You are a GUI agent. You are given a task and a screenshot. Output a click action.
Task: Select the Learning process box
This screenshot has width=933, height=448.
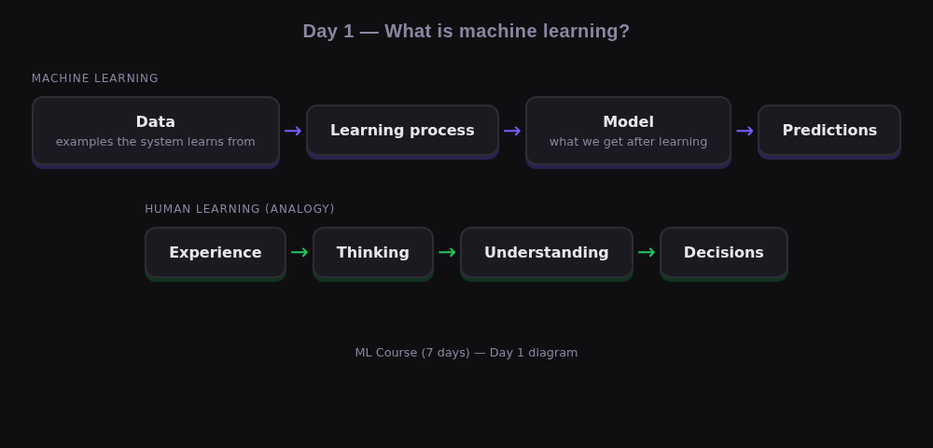[402, 130]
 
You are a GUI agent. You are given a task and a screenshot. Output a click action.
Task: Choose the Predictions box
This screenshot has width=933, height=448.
[829, 130]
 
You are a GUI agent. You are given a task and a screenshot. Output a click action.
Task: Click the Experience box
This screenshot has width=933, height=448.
[215, 252]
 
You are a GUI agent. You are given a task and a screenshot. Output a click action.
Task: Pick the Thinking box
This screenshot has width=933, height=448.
[372, 252]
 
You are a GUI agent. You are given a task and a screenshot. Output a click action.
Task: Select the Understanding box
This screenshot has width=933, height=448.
[546, 252]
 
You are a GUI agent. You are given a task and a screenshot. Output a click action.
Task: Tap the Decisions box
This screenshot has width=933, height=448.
[723, 252]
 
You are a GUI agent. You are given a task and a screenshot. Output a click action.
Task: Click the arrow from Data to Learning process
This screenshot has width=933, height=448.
[293, 131]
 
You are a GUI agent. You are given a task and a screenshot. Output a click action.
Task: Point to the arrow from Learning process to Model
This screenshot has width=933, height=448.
[512, 131]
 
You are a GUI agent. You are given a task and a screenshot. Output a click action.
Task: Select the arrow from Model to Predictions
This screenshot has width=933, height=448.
[745, 131]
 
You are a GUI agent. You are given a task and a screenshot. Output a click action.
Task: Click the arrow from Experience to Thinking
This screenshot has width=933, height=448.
[299, 252]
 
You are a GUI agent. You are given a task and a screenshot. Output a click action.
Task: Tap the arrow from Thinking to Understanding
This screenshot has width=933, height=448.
[447, 252]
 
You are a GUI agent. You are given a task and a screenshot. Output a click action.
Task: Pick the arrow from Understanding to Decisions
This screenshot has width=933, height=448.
[647, 252]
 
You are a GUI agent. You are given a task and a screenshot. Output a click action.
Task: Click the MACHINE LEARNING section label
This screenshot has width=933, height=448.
[95, 78]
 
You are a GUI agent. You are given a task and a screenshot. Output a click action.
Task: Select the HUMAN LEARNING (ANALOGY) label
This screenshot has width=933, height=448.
[240, 209]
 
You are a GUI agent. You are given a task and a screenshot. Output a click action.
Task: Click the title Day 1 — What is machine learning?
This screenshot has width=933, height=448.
[466, 31]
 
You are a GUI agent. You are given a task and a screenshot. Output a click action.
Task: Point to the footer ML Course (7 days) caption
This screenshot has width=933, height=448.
[466, 352]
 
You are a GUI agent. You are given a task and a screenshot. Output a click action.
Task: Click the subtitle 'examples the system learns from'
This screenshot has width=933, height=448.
[155, 142]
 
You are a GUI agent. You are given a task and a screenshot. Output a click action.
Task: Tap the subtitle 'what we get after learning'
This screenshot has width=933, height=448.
[628, 142]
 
